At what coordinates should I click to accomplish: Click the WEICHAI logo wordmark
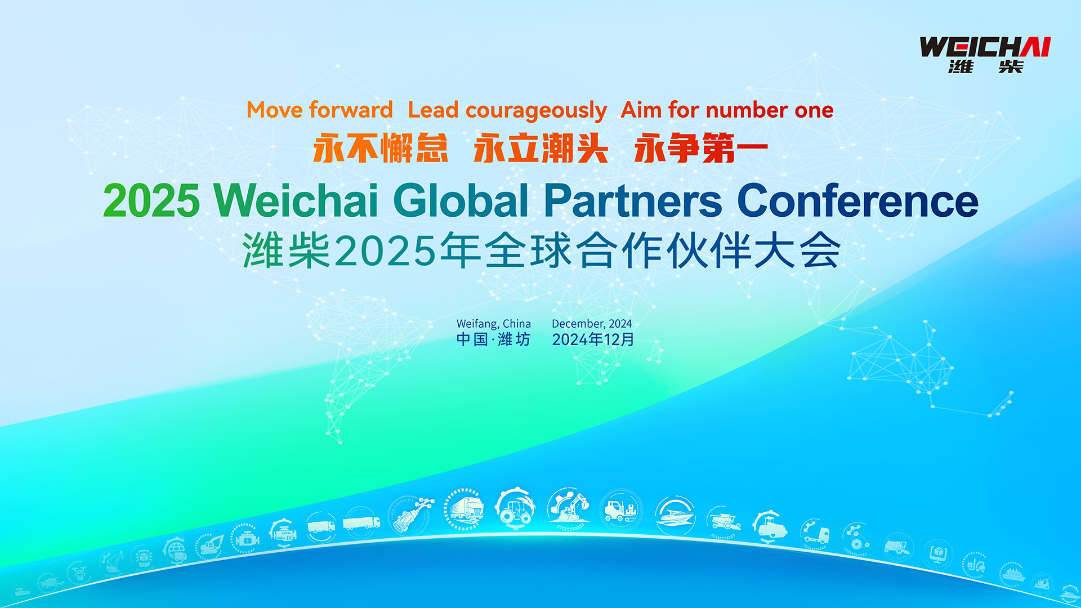(985, 47)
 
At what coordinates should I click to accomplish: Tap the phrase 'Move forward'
(320, 110)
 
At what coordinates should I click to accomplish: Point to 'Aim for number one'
(727, 110)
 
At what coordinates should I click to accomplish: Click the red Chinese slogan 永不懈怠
(381, 148)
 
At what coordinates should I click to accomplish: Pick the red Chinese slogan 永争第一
(701, 148)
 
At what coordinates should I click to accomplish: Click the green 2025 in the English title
(151, 200)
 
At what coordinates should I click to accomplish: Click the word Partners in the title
(633, 200)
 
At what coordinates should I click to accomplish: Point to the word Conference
(857, 200)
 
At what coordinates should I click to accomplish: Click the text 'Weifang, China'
(494, 324)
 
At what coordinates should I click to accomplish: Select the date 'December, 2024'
(592, 324)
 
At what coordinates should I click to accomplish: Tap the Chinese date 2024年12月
(593, 339)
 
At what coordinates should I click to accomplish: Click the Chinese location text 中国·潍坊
(493, 339)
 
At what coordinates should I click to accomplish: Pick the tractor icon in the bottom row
(515, 508)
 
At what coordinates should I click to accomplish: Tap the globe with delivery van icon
(176, 550)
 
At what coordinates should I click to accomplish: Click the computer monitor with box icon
(937, 553)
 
